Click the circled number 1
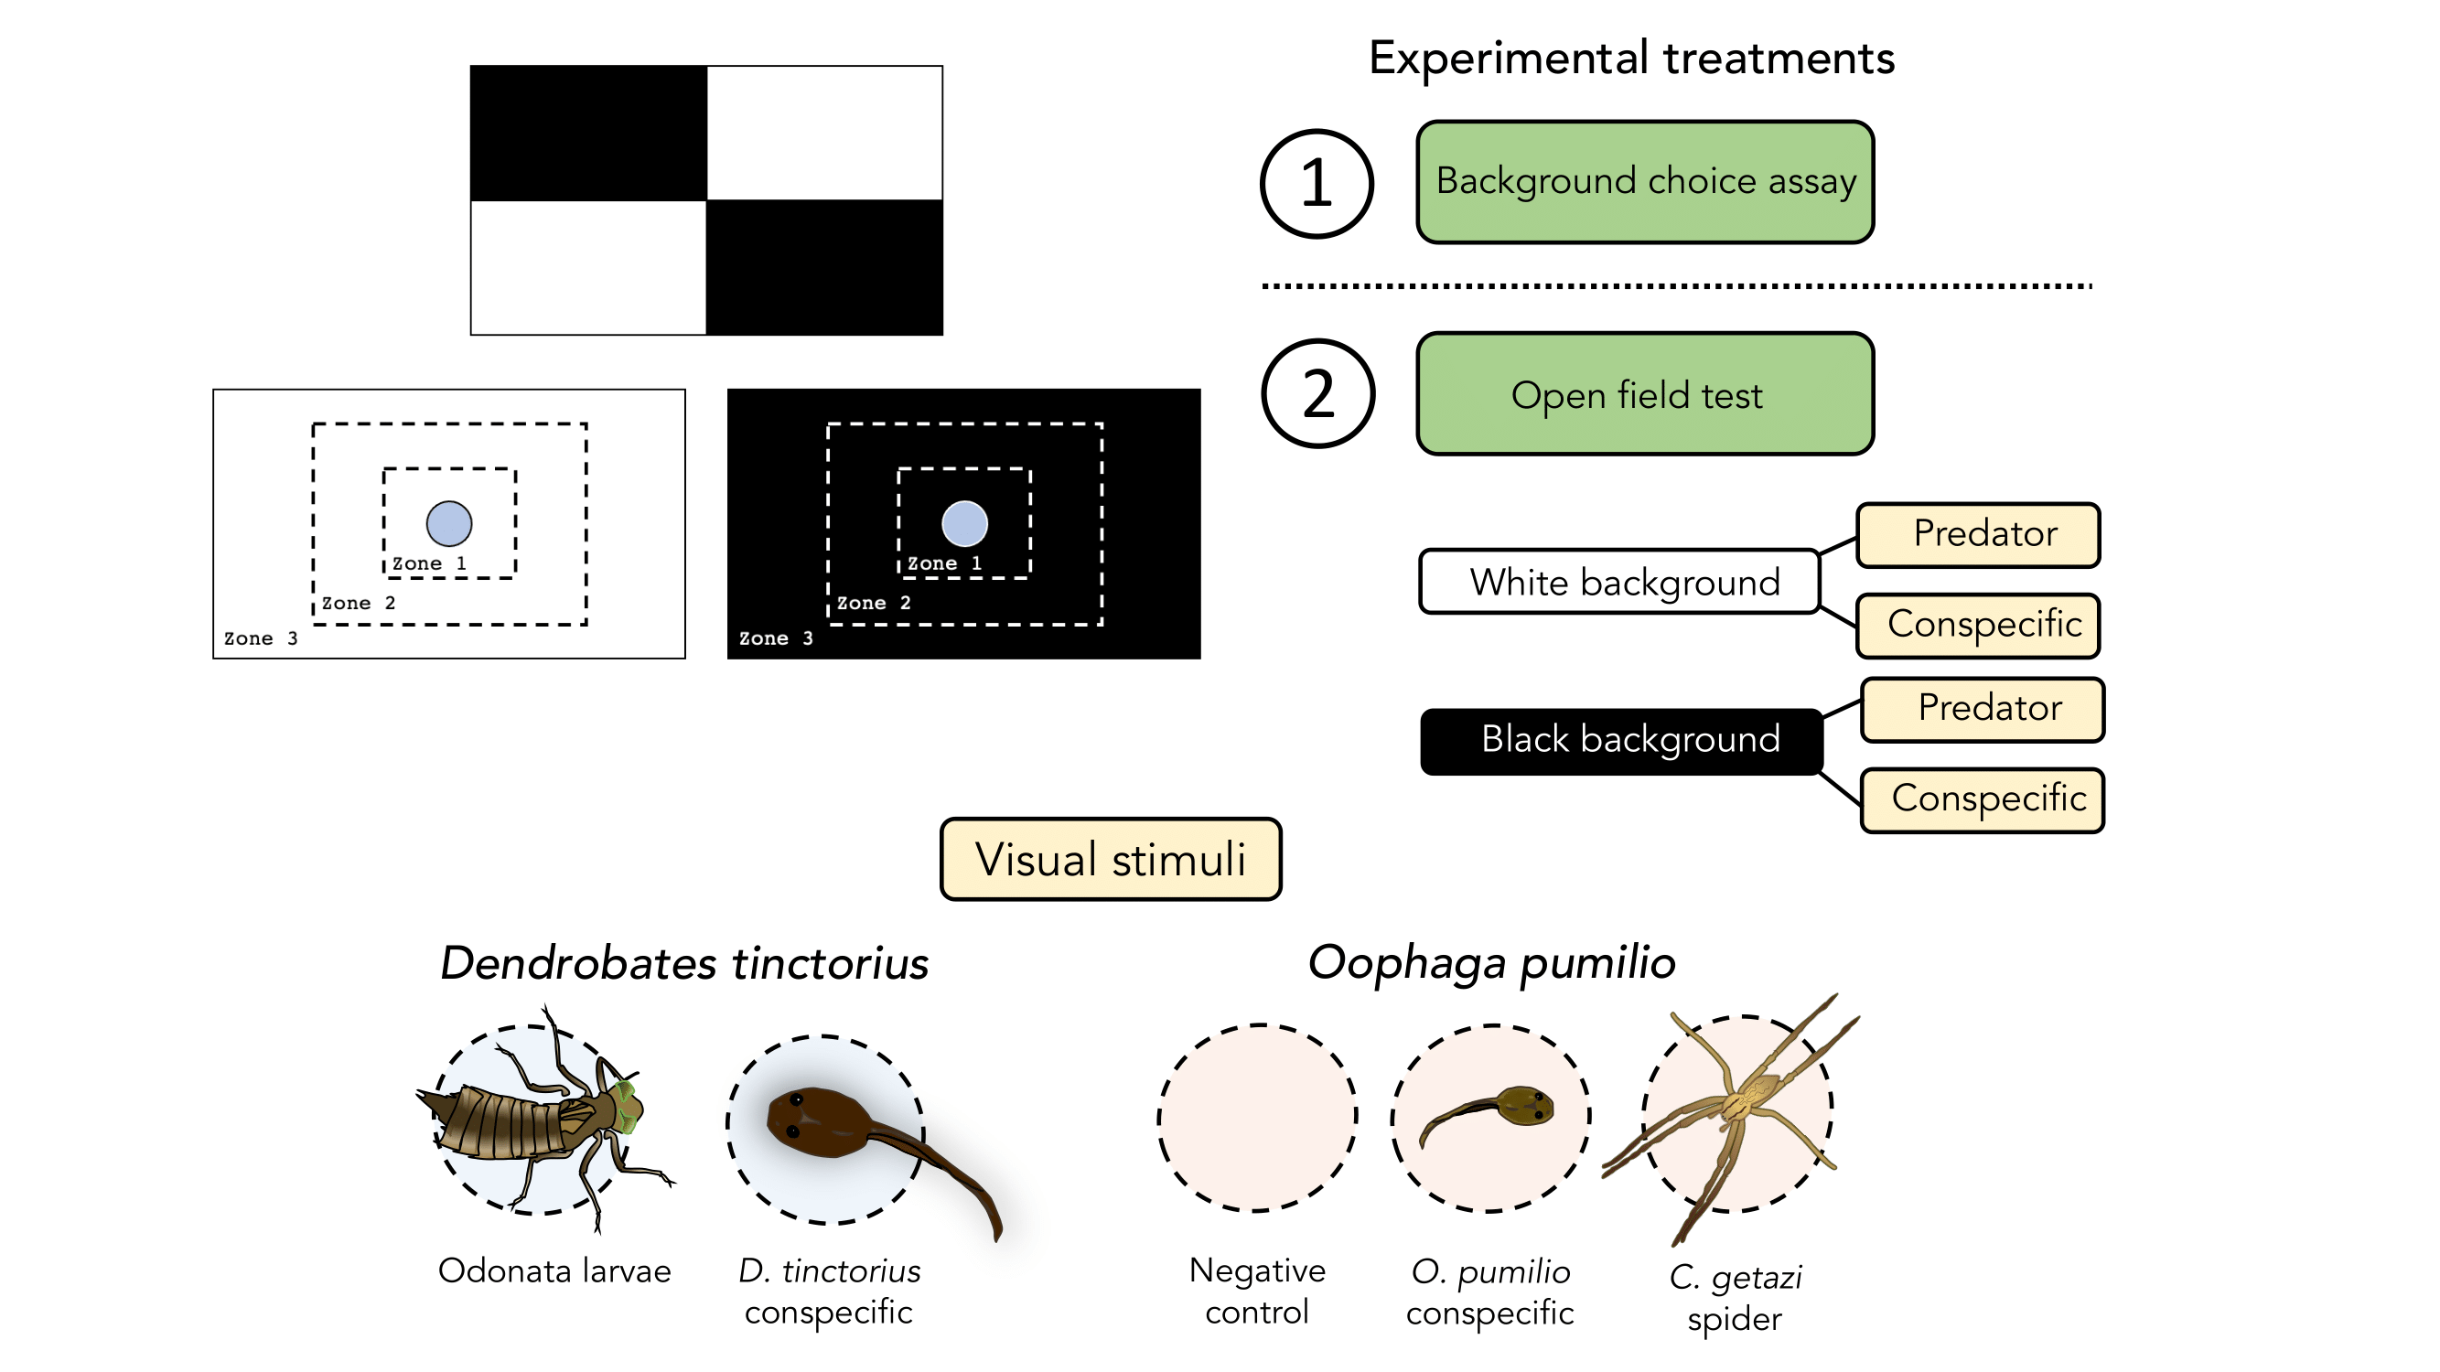[1317, 183]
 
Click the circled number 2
[1317, 394]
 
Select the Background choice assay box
[1644, 182]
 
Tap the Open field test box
[1644, 394]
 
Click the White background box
[1618, 582]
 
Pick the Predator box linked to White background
[1978, 535]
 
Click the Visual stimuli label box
[1110, 859]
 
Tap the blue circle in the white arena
[449, 523]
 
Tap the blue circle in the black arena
[964, 523]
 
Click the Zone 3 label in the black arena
[776, 638]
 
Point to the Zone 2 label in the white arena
[358, 603]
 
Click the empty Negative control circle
[1257, 1118]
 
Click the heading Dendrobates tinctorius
[684, 963]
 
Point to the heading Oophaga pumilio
[1491, 963]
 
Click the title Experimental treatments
[1631, 58]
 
